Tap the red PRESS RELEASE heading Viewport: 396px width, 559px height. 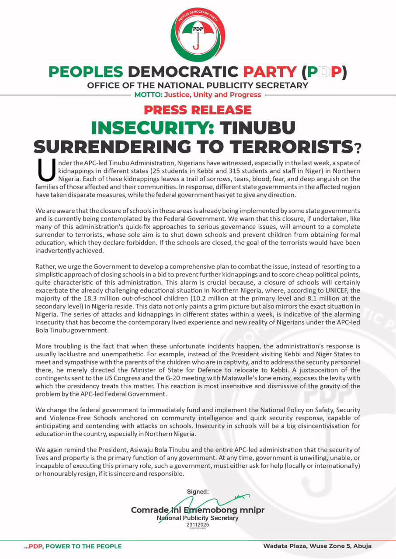click(x=198, y=110)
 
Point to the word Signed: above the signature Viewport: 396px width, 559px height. click(x=198, y=491)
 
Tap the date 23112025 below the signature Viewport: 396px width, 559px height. click(x=198, y=524)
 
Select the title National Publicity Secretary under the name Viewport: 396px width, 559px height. click(x=198, y=518)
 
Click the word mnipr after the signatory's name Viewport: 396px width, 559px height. click(x=251, y=510)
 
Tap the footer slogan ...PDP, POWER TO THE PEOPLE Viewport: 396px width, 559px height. click(x=73, y=546)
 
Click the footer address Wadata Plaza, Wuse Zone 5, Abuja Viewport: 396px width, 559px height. click(x=317, y=546)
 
